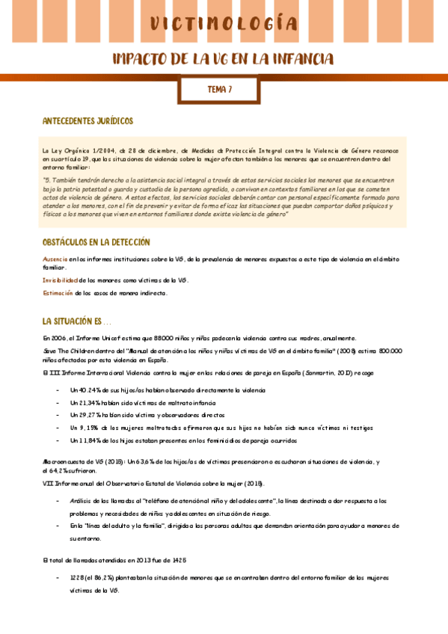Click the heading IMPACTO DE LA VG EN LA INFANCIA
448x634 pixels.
[223, 59]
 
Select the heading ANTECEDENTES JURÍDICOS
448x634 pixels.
[88, 120]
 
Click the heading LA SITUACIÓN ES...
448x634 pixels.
[75, 321]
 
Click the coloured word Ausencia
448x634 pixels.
[55, 259]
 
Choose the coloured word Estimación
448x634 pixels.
[58, 293]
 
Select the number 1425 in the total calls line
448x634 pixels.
[178, 559]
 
